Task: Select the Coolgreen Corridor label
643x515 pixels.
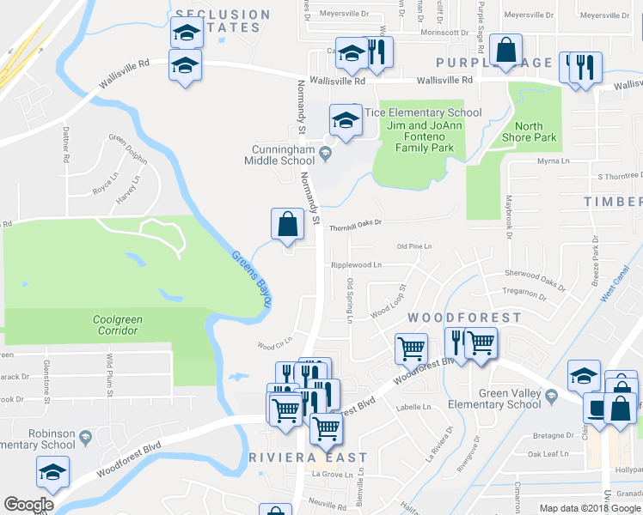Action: pyautogui.click(x=118, y=325)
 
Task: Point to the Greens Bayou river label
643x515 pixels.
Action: pyautogui.click(x=249, y=280)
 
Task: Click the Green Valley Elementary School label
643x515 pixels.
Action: pyautogui.click(x=499, y=399)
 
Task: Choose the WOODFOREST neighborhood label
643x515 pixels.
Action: pyautogui.click(x=464, y=318)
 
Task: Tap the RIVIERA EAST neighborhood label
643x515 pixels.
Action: pyautogui.click(x=308, y=457)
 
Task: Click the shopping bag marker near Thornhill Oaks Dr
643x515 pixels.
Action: pyautogui.click(x=288, y=224)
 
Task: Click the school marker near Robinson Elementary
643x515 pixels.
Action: pyautogui.click(x=52, y=470)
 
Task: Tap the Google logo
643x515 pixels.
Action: pyautogui.click(x=28, y=505)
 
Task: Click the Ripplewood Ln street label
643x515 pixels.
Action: pyautogui.click(x=357, y=265)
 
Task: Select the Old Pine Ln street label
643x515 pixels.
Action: pyautogui.click(x=413, y=246)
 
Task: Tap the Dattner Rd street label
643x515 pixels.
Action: pyautogui.click(x=65, y=146)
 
